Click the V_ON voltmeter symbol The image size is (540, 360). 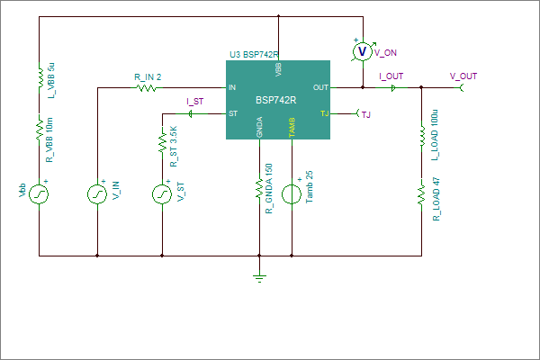(x=363, y=51)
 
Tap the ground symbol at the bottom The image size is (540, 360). (x=259, y=278)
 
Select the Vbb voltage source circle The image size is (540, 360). (x=39, y=194)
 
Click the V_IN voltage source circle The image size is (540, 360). (x=97, y=194)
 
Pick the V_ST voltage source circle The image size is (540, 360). (x=162, y=194)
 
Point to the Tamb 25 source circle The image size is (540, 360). (x=292, y=194)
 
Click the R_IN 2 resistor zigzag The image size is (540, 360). (x=147, y=88)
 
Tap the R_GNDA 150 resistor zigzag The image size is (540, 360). (x=259, y=188)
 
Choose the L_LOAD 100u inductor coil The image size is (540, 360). (x=422, y=137)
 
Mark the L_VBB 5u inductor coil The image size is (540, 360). (x=40, y=78)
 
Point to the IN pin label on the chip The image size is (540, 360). (x=232, y=87)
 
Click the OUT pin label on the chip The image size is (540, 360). (x=320, y=87)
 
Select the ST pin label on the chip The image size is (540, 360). (x=233, y=113)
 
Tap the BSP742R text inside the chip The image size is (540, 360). (x=276, y=100)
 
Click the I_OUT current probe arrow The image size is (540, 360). (x=393, y=88)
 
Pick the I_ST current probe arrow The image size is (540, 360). (x=190, y=113)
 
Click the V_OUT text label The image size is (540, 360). (x=463, y=76)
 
